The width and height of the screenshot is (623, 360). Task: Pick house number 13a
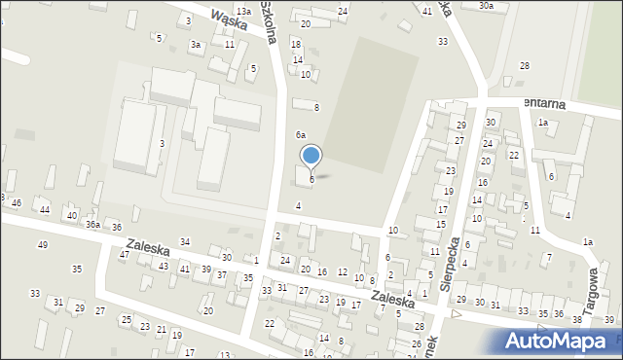pos(242,11)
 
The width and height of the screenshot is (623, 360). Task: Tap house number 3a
pos(196,44)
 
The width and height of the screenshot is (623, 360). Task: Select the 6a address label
pos(302,134)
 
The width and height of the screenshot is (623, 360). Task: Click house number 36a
pos(92,225)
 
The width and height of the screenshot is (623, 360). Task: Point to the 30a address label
pos(486,6)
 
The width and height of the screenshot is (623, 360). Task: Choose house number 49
pos(42,244)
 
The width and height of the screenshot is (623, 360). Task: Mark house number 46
pos(17,202)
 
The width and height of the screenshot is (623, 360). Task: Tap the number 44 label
pos(45,210)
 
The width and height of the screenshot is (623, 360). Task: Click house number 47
pos(124,254)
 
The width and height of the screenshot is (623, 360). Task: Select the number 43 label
pos(164,266)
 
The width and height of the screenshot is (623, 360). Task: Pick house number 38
pos(576,319)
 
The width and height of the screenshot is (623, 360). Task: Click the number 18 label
pos(296,46)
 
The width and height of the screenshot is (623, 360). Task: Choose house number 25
pos(126,319)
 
